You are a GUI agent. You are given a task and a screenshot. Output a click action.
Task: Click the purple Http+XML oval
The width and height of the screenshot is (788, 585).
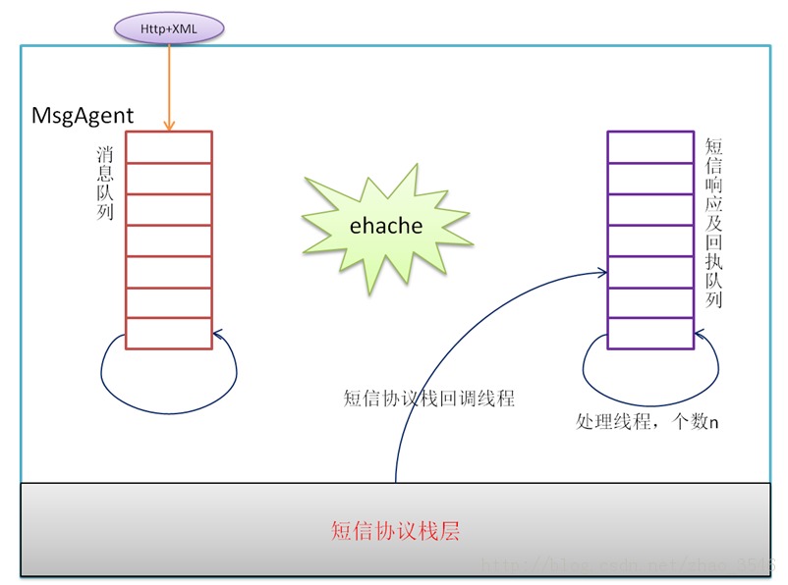coord(170,28)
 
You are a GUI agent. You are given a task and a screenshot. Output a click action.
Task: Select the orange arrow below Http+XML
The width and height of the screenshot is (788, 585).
coord(169,83)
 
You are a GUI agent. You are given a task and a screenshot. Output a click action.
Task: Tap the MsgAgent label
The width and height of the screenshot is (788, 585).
coord(83,116)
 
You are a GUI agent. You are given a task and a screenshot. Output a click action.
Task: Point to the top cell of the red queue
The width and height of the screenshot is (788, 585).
coord(168,147)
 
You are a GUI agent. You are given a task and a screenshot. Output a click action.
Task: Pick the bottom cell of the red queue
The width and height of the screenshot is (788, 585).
coord(168,334)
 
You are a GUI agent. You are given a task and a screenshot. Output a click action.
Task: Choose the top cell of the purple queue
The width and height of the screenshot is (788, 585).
coord(649,147)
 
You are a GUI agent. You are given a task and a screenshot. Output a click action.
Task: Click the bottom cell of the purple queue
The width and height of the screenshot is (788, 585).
coord(649,334)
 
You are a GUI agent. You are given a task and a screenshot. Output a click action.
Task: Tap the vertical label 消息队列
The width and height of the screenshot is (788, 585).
coord(105,183)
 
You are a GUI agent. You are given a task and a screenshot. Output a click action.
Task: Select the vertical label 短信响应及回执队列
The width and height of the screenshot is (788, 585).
coord(714,222)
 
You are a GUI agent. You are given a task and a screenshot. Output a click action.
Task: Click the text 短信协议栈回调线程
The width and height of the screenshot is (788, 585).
coord(429,399)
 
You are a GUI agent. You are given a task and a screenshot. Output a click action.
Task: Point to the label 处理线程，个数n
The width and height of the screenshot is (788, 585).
coord(647,422)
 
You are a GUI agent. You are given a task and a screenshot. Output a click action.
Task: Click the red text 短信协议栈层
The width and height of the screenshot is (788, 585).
coord(395,532)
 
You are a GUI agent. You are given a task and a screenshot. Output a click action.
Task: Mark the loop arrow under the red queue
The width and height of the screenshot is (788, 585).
coord(168,377)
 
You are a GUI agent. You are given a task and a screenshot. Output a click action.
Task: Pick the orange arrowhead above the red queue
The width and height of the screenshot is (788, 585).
coord(169,126)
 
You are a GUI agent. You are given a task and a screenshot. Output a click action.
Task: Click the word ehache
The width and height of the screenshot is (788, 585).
coord(386,226)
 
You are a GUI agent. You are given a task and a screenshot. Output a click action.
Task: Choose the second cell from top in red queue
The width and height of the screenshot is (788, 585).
coord(168,179)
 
